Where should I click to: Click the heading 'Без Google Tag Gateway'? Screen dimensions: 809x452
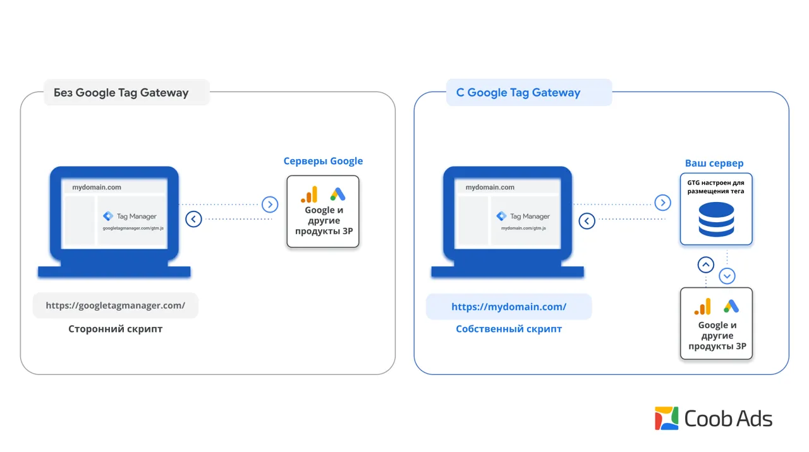121,93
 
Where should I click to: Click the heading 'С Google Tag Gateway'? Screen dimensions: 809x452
518,93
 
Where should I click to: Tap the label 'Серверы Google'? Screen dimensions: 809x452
323,161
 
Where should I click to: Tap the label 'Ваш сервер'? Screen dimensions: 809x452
714,163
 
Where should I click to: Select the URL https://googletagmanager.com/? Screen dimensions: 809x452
115,305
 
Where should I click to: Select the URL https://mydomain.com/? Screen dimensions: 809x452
509,307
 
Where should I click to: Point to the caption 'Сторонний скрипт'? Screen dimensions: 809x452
115,329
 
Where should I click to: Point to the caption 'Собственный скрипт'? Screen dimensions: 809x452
509,329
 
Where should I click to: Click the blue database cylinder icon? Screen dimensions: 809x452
716,219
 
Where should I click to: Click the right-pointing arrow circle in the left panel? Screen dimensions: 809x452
270,205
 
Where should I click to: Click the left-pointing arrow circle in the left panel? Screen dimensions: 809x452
193,219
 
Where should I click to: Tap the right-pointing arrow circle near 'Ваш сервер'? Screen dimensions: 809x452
663,203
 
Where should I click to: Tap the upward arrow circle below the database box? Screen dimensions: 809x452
706,265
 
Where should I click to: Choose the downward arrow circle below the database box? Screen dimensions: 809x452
727,277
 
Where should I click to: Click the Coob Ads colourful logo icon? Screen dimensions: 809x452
667,419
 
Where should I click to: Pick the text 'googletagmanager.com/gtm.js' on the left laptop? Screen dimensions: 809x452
133,229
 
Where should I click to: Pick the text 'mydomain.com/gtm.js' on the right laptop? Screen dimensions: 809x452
523,229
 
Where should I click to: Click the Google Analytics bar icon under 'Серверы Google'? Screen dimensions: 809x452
309,194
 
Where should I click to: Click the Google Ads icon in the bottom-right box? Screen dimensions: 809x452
731,306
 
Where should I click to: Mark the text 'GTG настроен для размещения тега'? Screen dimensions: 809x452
716,187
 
